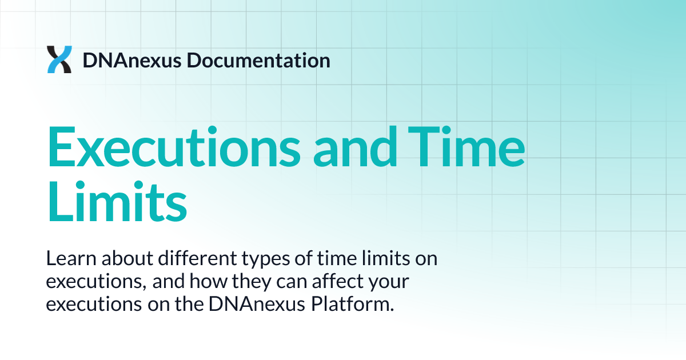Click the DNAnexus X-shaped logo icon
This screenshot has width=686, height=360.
pos(59,60)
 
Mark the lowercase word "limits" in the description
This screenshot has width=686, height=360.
pos(388,259)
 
